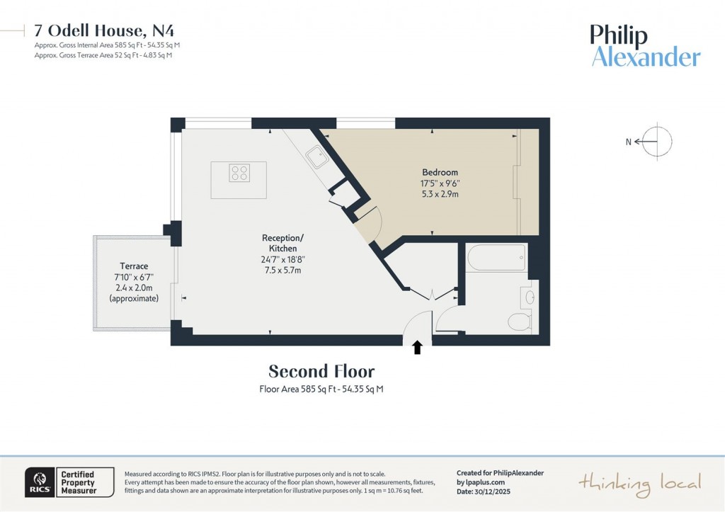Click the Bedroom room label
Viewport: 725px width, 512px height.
tap(440, 172)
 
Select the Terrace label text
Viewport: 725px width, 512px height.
tap(134, 266)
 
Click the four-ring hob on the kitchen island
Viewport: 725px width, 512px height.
tap(239, 173)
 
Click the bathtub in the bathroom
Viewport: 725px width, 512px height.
tap(496, 258)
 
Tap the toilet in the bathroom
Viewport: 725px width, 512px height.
tap(520, 322)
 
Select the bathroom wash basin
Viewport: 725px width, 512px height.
tap(529, 295)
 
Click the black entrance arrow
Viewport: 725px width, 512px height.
tap(417, 346)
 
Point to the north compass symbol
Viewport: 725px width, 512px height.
tap(657, 141)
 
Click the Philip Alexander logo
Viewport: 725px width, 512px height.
tap(645, 45)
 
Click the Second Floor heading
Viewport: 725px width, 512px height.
tap(321, 371)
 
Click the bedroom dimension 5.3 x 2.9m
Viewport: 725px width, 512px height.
tap(440, 194)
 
